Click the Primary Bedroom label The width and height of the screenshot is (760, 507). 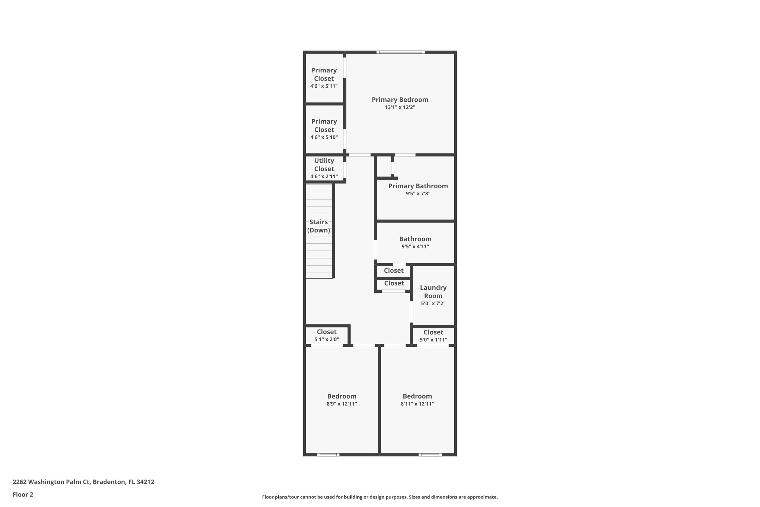400,100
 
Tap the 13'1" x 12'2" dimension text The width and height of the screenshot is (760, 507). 400,107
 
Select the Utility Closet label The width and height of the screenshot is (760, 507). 324,165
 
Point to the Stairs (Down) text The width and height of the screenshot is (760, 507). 318,226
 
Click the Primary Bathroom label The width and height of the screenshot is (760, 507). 418,186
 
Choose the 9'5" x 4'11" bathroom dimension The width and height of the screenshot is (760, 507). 415,247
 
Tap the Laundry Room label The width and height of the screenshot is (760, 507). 433,292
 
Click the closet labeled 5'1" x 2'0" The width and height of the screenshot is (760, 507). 327,335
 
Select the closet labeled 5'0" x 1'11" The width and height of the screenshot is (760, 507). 433,336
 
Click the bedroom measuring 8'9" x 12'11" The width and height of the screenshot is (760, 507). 342,400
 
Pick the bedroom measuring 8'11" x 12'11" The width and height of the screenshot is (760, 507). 417,400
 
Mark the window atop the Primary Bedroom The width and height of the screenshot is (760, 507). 400,52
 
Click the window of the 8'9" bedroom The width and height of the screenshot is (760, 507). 328,455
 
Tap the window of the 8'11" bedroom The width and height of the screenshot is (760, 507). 430,455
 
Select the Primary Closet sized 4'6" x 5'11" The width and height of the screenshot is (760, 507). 324,78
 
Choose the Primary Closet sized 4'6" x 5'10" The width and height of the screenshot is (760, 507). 324,129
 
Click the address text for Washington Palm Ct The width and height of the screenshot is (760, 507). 83,482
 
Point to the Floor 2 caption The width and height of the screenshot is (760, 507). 23,494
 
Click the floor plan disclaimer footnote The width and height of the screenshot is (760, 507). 380,497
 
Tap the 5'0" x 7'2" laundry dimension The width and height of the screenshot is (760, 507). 433,303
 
